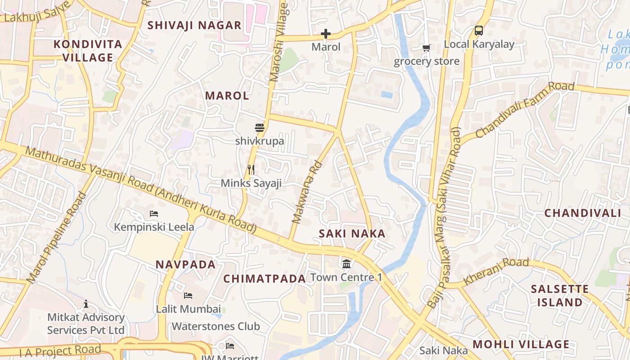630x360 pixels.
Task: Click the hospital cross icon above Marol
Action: click(325, 34)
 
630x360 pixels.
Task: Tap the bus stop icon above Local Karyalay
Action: click(479, 31)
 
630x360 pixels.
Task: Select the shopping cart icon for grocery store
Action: click(426, 48)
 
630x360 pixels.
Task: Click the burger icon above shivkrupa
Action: click(259, 128)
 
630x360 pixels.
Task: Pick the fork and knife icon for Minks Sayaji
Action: click(251, 170)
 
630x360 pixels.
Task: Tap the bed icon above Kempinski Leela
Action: click(154, 213)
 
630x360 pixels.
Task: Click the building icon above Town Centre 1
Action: click(346, 264)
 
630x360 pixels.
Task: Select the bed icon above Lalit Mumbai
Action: click(188, 296)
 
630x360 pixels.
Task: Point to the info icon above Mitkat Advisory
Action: click(86, 304)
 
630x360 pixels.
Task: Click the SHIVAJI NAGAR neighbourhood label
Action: click(194, 25)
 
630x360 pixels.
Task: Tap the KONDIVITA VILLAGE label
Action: click(88, 51)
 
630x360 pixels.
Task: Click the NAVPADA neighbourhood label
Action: click(186, 264)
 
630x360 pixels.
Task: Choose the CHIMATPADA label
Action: click(265, 279)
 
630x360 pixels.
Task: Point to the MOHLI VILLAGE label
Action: click(521, 345)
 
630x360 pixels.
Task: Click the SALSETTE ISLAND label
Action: click(559, 296)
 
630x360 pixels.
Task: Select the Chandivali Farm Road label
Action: click(525, 110)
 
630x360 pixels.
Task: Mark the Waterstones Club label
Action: click(216, 326)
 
